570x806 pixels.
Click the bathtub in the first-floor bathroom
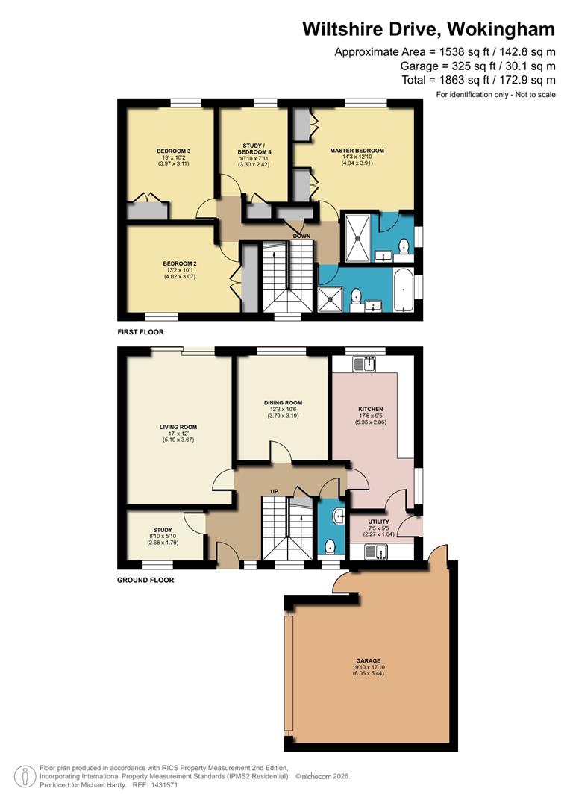point(403,290)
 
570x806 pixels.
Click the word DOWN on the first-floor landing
point(301,236)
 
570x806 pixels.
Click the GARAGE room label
point(368,660)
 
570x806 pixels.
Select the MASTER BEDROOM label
point(357,151)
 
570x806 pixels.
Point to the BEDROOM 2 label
point(179,263)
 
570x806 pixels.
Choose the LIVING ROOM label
point(178,428)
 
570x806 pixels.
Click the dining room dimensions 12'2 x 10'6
point(282,410)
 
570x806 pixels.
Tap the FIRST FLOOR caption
point(140,332)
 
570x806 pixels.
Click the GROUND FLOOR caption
point(145,580)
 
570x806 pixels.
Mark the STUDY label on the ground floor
point(163,531)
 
